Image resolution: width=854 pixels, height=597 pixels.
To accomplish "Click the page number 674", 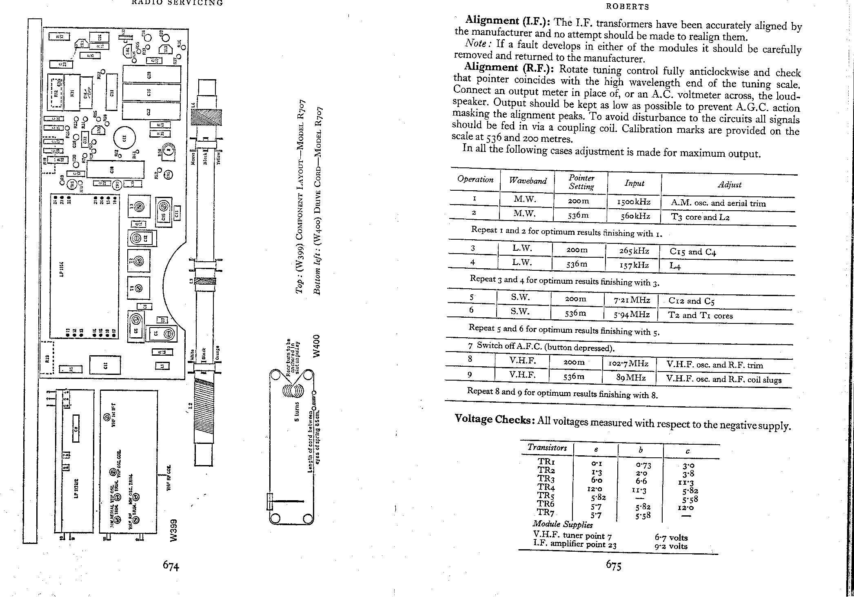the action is click(171, 566).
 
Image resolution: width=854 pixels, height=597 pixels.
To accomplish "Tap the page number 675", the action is click(613, 565).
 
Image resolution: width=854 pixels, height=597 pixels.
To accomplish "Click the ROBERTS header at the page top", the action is click(628, 7).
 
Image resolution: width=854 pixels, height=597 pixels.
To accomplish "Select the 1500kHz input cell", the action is click(634, 202).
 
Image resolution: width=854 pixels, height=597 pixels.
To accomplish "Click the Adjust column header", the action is click(729, 185).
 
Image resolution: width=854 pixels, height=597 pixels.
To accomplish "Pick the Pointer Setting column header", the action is click(581, 182).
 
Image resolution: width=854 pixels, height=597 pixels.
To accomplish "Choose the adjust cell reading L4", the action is click(675, 266).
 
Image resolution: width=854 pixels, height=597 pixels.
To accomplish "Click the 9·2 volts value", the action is click(671, 546).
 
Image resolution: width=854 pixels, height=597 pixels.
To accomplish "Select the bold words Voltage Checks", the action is click(492, 419).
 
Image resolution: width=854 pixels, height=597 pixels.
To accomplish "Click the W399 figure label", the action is click(174, 530).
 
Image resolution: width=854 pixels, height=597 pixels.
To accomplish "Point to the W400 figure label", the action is click(315, 346).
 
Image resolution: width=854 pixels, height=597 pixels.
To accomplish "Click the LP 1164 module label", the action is click(62, 269).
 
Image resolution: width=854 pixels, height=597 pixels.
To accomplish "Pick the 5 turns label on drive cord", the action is click(297, 412).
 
